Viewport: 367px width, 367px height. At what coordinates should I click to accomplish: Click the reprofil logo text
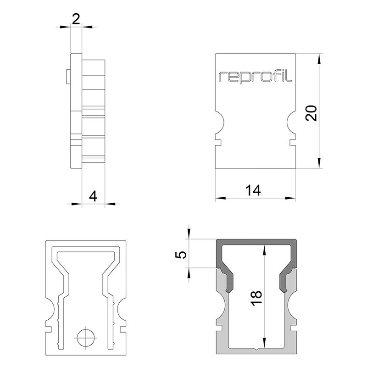coord(255,76)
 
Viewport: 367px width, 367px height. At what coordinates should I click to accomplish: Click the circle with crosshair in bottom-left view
coord(85,339)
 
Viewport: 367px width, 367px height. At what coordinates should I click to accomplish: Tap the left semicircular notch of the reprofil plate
coord(219,122)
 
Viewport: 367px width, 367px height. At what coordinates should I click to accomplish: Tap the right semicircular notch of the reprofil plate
coord(291,122)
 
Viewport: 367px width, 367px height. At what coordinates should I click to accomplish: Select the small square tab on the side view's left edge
coord(68,76)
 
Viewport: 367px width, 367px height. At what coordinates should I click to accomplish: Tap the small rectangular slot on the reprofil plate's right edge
coord(292,142)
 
